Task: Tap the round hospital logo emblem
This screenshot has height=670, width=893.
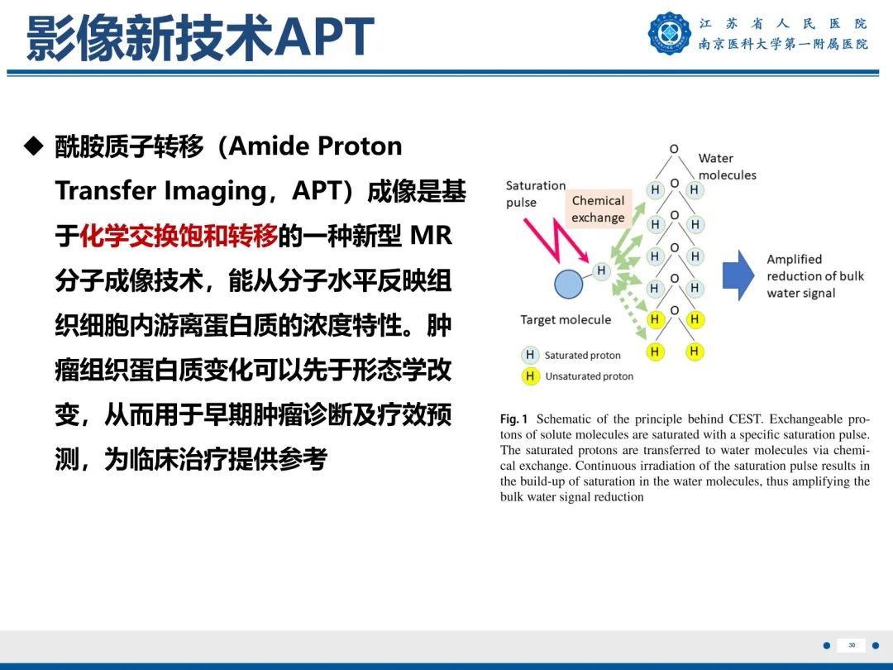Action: coord(669,33)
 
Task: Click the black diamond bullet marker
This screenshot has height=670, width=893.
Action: coord(33,147)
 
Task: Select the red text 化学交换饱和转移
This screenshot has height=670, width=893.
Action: coord(179,237)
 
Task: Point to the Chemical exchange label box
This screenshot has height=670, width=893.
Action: coord(598,209)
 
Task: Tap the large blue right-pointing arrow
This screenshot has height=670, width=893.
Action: coord(738,275)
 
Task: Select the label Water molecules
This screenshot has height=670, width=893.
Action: coord(727,166)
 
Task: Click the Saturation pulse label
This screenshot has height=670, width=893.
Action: coord(536,194)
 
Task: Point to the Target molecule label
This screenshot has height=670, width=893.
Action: coord(566,320)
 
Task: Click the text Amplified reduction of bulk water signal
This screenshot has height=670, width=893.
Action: coord(814,276)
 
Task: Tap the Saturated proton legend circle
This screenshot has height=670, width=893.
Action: coord(529,355)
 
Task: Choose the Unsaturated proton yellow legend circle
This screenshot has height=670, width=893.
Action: coord(529,376)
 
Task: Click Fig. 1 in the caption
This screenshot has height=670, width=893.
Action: coord(513,419)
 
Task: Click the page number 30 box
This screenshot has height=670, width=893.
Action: coord(852,645)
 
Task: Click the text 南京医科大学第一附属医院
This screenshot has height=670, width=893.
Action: coord(783,45)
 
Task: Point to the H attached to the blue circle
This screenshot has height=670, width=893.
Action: coord(601,270)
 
